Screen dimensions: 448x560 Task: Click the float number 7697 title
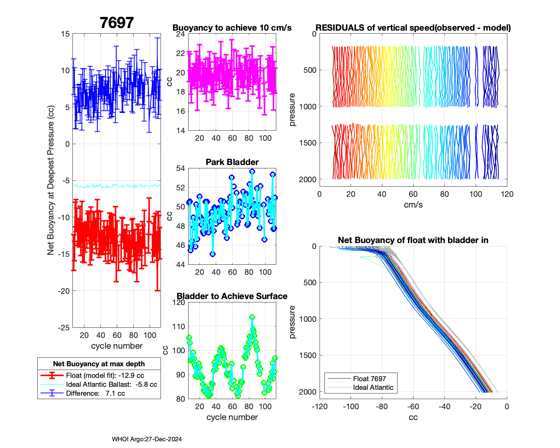[116, 23]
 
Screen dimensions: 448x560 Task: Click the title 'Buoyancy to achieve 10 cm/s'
[232, 28]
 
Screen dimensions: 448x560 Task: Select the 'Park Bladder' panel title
[232, 162]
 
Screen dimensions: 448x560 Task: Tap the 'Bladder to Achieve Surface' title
[232, 296]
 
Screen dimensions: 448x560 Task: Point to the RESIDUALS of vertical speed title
[413, 28]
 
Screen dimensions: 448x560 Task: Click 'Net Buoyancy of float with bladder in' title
[413, 240]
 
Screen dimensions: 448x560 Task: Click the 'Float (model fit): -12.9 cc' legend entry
[105, 376]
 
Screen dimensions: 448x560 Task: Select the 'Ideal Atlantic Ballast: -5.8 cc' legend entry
[111, 385]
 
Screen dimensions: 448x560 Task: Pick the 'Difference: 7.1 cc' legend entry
[95, 393]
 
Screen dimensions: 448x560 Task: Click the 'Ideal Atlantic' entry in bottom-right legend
[373, 388]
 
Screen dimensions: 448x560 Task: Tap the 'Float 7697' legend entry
[369, 379]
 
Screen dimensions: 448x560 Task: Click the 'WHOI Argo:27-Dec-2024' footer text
[147, 439]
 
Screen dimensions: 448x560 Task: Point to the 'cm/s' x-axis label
[413, 205]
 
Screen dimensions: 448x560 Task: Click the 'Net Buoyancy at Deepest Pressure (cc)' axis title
[51, 181]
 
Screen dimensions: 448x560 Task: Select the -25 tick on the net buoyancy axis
[64, 328]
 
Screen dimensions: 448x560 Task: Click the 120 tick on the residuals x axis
[507, 194]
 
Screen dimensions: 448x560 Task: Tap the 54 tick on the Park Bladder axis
[180, 168]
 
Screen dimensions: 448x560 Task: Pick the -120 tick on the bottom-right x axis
[320, 407]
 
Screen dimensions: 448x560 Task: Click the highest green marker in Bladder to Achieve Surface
[252, 317]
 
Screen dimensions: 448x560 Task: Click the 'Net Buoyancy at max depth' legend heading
[99, 364]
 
